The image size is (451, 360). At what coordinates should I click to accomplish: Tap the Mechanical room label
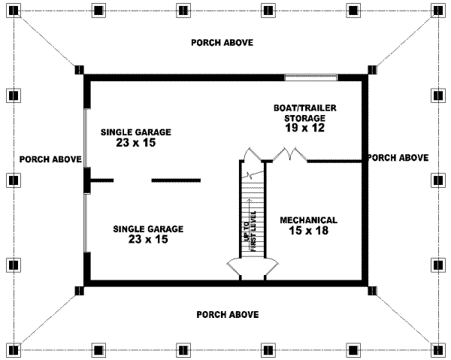(x=308, y=220)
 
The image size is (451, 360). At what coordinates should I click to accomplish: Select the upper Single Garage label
(x=136, y=132)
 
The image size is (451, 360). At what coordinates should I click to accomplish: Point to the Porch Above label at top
(x=222, y=42)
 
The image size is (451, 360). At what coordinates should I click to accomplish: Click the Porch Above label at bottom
(x=228, y=314)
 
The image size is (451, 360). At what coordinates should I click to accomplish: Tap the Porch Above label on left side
(x=50, y=159)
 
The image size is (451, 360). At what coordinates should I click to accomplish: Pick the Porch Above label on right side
(x=398, y=158)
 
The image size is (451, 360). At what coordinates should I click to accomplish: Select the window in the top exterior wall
(x=310, y=77)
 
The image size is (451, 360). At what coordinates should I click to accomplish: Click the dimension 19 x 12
(x=304, y=128)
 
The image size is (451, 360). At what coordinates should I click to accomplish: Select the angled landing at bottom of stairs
(x=253, y=266)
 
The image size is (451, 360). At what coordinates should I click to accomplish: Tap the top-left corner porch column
(x=14, y=11)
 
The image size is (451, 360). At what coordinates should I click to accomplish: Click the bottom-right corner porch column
(x=437, y=349)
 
